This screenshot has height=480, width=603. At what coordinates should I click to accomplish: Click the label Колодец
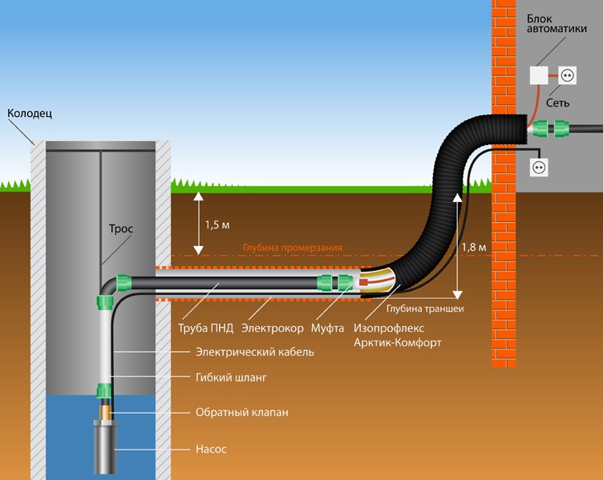(30, 114)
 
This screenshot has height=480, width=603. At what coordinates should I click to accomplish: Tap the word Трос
(121, 228)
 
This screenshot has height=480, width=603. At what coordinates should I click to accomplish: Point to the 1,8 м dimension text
(474, 248)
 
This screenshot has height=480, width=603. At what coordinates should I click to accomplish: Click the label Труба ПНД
(201, 329)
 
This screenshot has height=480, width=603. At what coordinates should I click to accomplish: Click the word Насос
(212, 450)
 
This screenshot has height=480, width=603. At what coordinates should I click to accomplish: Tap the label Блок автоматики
(561, 25)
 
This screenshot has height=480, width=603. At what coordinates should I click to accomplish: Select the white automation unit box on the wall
(539, 76)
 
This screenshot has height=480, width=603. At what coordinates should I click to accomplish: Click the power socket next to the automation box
(565, 76)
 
